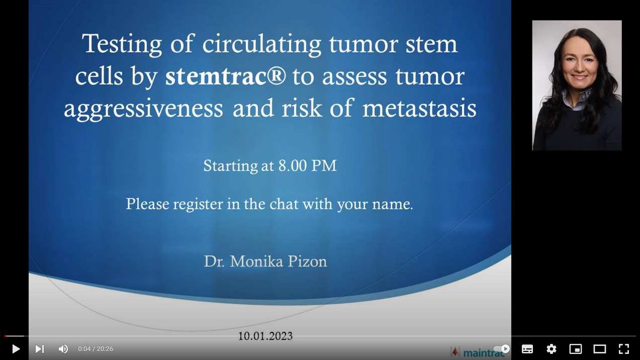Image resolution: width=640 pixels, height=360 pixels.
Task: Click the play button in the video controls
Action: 16,349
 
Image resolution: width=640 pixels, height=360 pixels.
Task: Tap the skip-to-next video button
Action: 40,349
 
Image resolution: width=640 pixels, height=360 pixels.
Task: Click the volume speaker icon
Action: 63,349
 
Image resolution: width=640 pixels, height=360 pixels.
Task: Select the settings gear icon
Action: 552,349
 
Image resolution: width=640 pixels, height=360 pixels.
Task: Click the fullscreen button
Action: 624,349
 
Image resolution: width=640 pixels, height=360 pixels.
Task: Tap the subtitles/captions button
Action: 527,349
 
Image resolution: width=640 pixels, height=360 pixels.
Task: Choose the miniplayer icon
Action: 576,349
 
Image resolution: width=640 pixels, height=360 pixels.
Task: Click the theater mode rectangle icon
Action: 600,349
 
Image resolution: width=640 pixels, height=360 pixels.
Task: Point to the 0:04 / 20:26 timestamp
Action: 96,349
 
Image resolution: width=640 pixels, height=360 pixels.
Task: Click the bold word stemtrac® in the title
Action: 225,76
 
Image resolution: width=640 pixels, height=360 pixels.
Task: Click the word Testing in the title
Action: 122,44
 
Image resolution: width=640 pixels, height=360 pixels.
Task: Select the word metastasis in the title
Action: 419,108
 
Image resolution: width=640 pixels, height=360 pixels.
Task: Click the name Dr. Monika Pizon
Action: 265,261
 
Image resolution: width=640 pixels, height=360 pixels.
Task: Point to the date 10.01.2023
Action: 265,336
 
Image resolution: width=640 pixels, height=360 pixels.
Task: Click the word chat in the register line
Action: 284,204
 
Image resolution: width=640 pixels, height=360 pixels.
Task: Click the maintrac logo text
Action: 484,353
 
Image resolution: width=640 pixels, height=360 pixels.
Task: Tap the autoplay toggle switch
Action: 501,349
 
